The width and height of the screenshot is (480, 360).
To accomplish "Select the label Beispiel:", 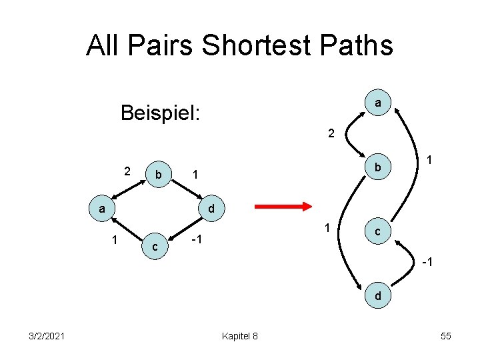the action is click(161, 113).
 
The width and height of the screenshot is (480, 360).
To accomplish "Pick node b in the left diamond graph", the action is click(159, 175).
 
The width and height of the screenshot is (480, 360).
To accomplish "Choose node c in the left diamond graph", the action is click(155, 247).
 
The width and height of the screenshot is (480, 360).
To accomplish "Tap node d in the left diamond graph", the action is click(211, 209).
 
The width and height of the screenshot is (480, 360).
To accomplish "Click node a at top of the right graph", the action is click(378, 103).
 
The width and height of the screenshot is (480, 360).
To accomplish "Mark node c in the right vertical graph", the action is click(377, 233).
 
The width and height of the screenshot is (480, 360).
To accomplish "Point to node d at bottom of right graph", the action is click(378, 295).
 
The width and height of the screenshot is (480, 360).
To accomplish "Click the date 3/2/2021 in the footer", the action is click(47, 335).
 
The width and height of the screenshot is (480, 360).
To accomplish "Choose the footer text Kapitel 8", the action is click(241, 335).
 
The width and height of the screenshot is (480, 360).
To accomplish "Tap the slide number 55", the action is click(446, 335).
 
